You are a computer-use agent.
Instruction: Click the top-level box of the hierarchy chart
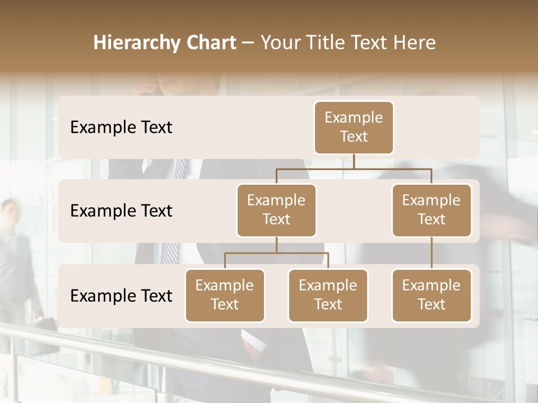pyautogui.click(x=354, y=127)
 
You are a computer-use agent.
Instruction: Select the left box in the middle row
pyautogui.click(x=276, y=210)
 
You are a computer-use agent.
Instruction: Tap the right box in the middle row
pyautogui.click(x=432, y=210)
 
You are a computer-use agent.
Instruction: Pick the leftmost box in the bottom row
pyautogui.click(x=225, y=295)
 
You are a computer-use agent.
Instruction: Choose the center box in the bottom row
pyautogui.click(x=328, y=295)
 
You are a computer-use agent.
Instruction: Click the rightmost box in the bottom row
pyautogui.click(x=432, y=295)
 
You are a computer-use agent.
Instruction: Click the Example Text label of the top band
pyautogui.click(x=121, y=128)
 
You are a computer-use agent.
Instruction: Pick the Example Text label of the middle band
pyautogui.click(x=121, y=211)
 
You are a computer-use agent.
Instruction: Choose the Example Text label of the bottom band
pyautogui.click(x=121, y=296)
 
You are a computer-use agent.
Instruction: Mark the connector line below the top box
pyautogui.click(x=354, y=161)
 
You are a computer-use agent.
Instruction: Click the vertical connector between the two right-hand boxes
pyautogui.click(x=432, y=253)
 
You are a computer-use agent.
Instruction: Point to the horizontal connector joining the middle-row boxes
pyautogui.click(x=354, y=168)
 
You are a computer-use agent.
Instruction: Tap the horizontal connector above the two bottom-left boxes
pyautogui.click(x=276, y=253)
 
